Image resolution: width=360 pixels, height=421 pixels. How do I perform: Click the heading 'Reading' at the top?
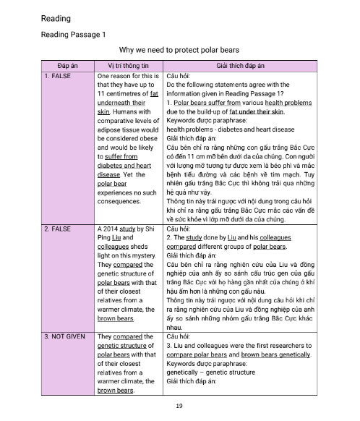[56, 17]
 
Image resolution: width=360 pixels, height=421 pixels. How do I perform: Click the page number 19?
[179, 405]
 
